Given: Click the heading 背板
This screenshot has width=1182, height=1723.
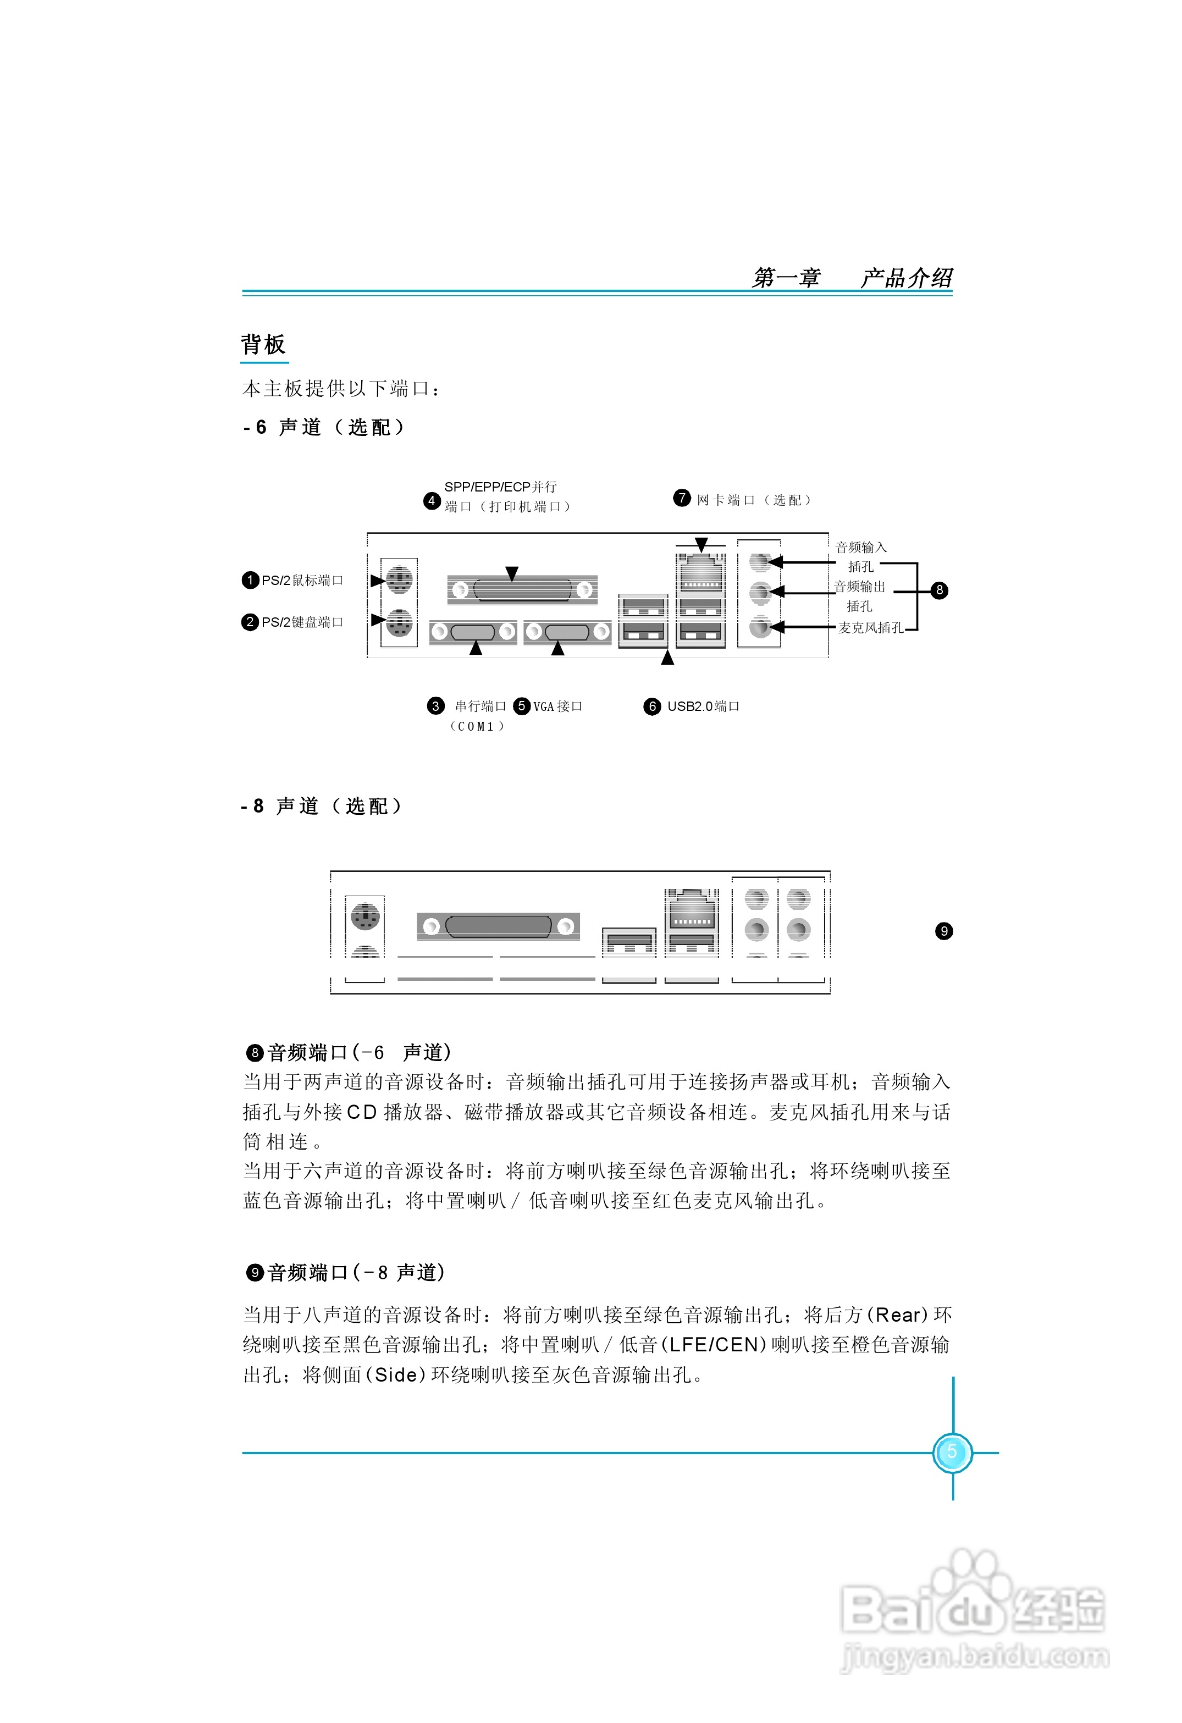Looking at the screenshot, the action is click(263, 345).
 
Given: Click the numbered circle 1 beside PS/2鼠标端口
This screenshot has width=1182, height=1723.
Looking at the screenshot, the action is click(250, 580).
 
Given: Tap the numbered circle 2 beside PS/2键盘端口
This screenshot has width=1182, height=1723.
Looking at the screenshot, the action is click(250, 622).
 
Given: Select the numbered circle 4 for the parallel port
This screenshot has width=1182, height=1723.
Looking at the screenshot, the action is click(432, 500).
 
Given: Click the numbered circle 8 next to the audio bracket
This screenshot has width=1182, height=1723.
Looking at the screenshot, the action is click(939, 590).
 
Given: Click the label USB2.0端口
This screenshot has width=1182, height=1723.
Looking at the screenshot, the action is click(703, 706).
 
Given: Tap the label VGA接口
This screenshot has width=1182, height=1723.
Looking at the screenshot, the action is click(557, 706).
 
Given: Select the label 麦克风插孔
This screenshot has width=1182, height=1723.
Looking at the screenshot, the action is click(871, 628).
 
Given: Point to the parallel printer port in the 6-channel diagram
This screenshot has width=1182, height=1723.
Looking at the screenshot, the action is click(522, 590).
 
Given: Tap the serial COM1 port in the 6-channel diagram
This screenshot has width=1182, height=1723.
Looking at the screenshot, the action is click(473, 632).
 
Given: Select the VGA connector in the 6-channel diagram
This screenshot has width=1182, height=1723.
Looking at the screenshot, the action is click(567, 632).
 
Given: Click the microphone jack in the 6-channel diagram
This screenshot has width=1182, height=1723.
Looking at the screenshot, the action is click(759, 627).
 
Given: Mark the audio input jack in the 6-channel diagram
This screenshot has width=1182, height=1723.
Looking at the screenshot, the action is click(759, 562).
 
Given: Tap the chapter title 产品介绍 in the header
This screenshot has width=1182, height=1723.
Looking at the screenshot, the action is click(906, 278).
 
